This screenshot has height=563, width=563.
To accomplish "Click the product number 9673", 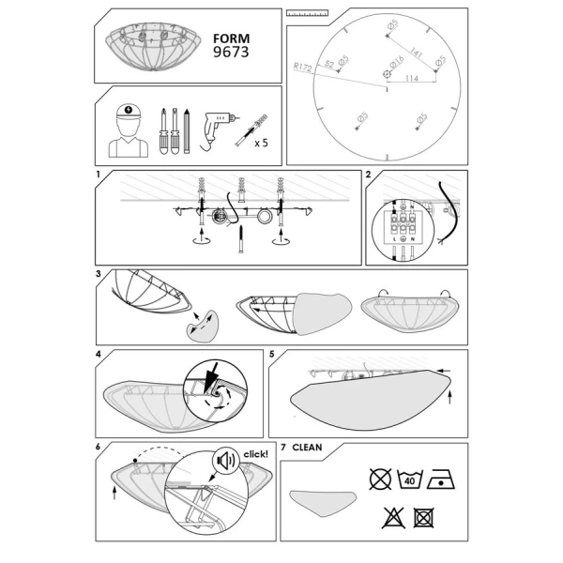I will pyautogui.click(x=232, y=53).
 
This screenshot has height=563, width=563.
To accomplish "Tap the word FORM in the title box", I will pyautogui.click(x=231, y=38).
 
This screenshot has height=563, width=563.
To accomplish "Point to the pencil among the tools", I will pyautogui.click(x=187, y=131).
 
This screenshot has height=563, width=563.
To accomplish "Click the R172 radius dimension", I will pyautogui.click(x=302, y=68).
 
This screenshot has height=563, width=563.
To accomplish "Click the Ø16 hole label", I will pyautogui.click(x=397, y=60).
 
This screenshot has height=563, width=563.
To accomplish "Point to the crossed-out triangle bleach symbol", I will pyautogui.click(x=392, y=515).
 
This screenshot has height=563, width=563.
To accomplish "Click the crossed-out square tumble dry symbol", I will pyautogui.click(x=423, y=515).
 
